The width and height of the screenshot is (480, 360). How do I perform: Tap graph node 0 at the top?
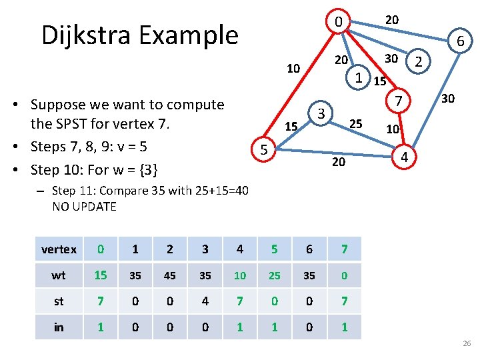click(339, 23)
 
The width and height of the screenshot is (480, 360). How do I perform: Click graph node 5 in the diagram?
click(264, 151)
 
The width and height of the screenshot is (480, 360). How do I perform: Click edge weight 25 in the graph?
click(356, 123)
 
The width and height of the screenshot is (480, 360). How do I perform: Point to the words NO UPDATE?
click(84, 207)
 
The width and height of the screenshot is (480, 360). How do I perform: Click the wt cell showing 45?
click(170, 275)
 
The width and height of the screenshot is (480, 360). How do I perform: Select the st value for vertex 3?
click(205, 301)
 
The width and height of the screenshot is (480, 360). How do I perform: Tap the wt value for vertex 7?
click(344, 275)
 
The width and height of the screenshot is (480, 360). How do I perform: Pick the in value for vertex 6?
click(309, 327)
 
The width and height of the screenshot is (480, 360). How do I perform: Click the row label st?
click(59, 301)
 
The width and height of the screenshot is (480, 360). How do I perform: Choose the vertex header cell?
click(59, 249)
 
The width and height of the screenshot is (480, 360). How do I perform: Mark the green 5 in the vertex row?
click(275, 249)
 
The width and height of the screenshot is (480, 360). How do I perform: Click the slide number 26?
click(466, 343)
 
